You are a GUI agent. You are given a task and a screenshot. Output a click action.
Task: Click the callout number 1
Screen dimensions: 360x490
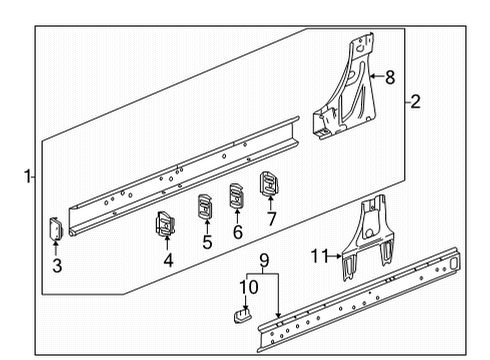pos(28,177)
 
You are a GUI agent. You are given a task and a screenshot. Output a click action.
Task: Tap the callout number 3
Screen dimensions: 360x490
pos(57,265)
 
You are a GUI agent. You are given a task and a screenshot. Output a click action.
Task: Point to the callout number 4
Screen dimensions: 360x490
pos(167,262)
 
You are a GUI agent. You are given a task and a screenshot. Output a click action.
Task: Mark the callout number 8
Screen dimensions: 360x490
pos(390,75)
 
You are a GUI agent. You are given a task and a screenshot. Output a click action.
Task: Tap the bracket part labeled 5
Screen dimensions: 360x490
pos(205,205)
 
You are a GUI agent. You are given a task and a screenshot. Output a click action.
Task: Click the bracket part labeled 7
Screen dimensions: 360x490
pos(270,185)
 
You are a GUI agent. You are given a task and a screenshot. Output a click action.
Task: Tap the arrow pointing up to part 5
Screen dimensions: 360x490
pos(207,225)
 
